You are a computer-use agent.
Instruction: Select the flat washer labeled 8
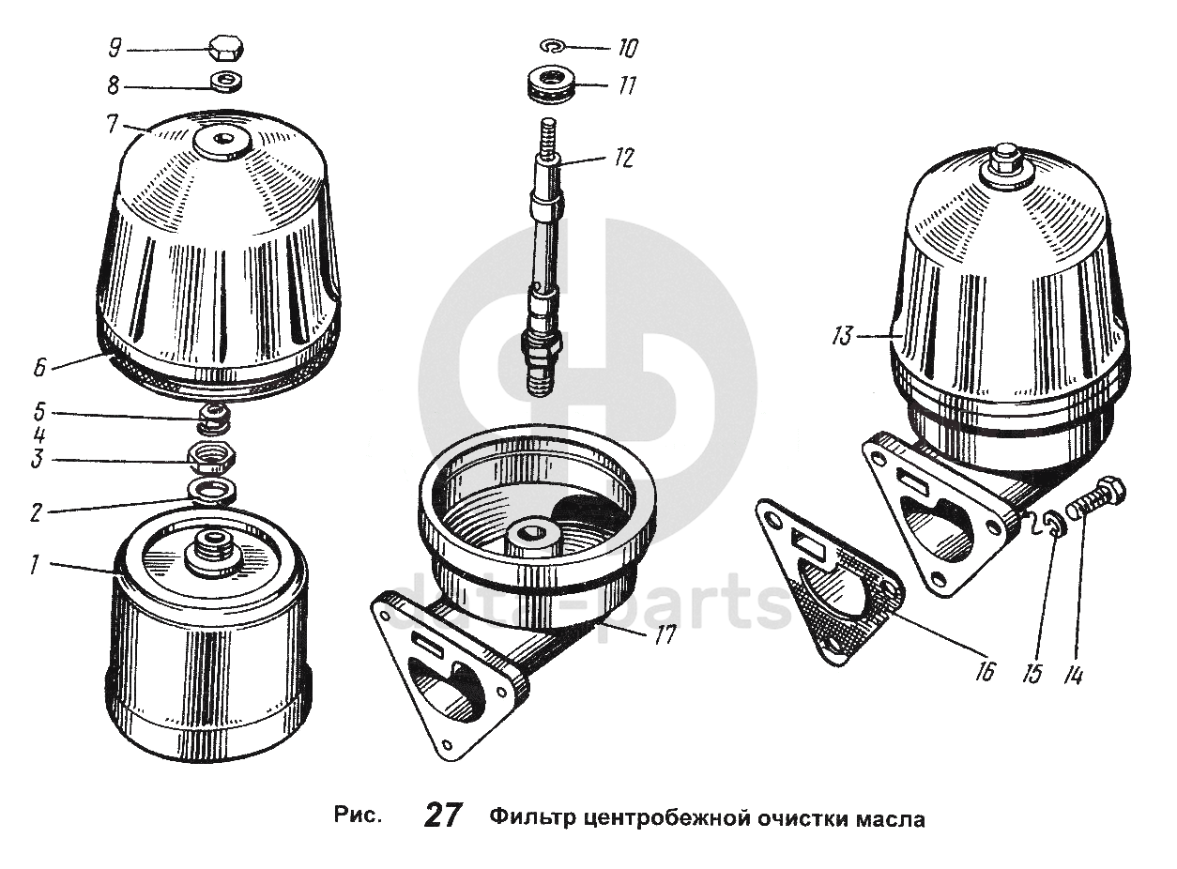tap(227, 83)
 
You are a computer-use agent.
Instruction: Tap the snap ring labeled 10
tap(553, 47)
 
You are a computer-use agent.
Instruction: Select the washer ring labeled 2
tap(212, 490)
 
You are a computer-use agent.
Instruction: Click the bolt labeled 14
tap(1094, 500)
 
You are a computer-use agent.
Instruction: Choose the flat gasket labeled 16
tap(829, 579)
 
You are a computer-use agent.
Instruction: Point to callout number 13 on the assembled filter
tap(842, 336)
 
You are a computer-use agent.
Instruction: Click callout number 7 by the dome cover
tap(113, 125)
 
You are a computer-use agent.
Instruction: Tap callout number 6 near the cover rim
tap(39, 367)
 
